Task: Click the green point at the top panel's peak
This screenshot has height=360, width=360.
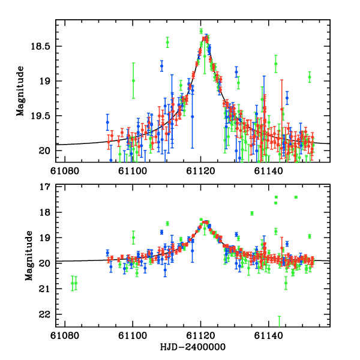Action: [x=201, y=31]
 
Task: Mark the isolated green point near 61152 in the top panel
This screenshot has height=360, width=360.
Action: [x=310, y=77]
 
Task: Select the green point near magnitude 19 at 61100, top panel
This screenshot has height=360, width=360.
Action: [x=133, y=80]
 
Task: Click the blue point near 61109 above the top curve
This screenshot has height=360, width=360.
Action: [x=161, y=65]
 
